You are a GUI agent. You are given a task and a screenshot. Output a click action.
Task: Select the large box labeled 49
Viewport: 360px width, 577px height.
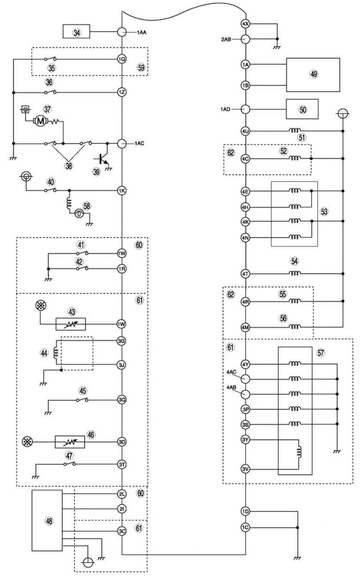(313, 74)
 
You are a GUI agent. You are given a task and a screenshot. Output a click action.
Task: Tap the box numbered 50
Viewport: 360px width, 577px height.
(302, 109)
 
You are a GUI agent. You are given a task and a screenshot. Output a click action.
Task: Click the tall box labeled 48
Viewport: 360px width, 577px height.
(47, 520)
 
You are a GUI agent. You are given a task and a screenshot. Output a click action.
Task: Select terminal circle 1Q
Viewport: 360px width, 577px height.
(122, 59)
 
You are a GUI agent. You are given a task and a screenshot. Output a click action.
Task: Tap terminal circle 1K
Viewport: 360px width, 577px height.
(122, 190)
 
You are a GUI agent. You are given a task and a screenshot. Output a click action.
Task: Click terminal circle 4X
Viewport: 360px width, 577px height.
(246, 24)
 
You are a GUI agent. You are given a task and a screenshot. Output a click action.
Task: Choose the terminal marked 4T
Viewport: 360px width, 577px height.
(246, 273)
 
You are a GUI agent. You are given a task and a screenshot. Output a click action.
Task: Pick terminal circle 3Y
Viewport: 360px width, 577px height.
(246, 440)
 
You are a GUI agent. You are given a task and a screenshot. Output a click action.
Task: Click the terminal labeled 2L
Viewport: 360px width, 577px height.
(122, 494)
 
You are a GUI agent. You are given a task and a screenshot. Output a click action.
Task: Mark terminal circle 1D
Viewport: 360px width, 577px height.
(246, 511)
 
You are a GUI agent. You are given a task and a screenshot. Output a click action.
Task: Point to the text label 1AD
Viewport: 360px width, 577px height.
(226, 109)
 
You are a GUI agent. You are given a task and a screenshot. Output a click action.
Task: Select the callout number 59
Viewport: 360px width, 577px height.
(141, 68)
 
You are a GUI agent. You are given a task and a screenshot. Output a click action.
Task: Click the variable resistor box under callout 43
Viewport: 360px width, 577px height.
(71, 324)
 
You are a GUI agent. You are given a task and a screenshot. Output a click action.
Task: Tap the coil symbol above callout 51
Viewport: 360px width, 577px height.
(295, 130)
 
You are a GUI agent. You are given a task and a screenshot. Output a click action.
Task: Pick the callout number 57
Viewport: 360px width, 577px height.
(321, 352)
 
